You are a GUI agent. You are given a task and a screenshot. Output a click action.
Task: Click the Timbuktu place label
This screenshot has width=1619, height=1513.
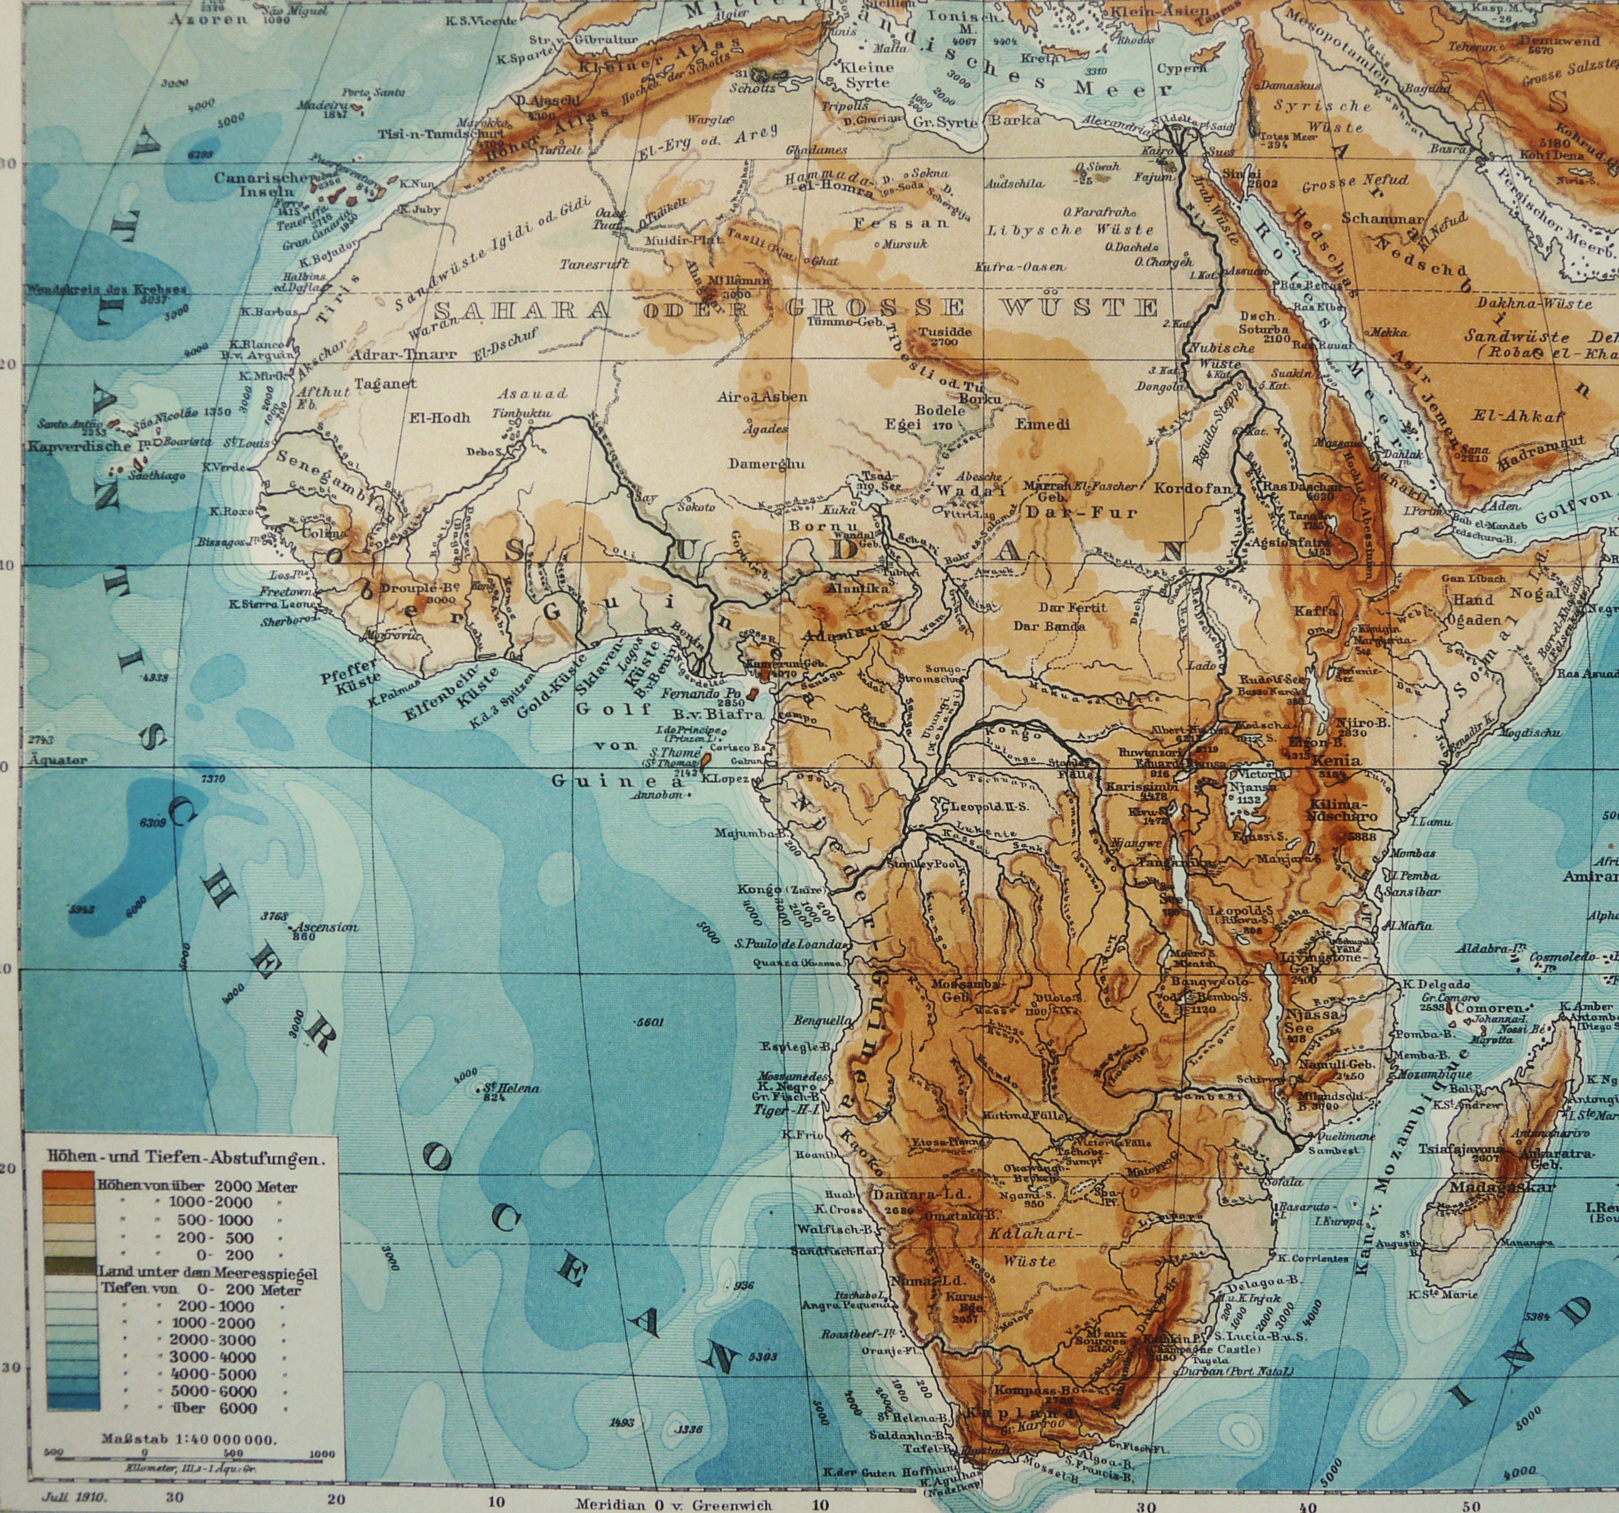tap(522, 413)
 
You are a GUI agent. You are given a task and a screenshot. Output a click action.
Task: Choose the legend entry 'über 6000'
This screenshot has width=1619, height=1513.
tap(216, 1408)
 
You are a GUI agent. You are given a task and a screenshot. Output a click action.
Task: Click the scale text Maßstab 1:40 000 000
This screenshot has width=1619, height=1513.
tap(189, 1440)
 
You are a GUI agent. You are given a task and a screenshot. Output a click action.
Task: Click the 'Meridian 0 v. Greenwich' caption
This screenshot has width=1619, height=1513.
tap(674, 1499)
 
